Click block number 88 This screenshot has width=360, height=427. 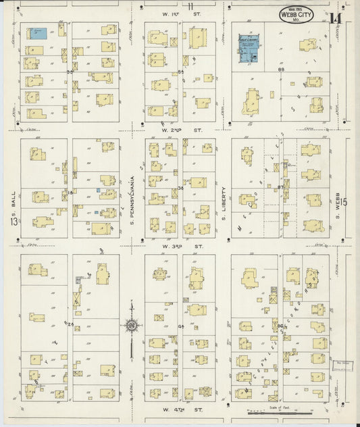(280, 70)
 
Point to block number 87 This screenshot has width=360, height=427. (280, 186)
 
